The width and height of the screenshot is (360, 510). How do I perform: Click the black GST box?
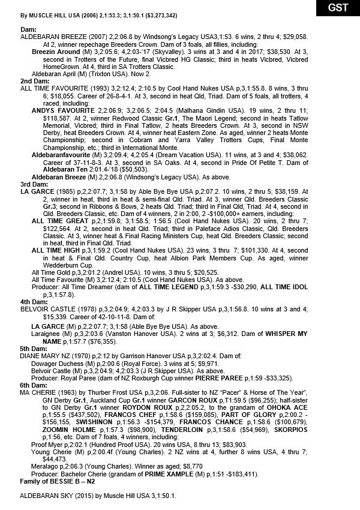point(336,8)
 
